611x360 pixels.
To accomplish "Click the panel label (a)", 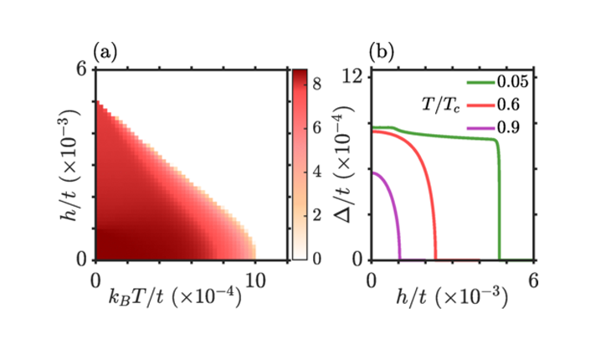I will tap(106, 53).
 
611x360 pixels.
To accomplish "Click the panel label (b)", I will tap(384, 53).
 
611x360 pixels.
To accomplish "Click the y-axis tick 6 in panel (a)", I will tap(82, 70).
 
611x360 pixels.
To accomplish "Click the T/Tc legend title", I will tap(439, 105).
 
